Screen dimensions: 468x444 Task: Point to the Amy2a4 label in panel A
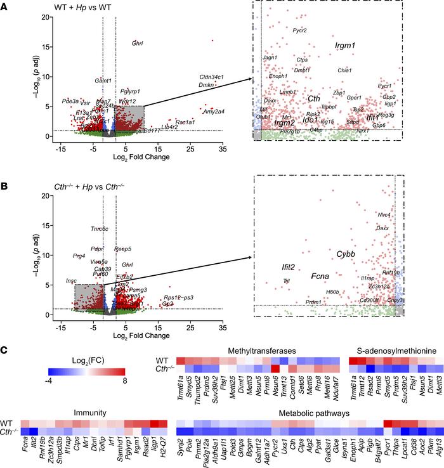(x=214, y=112)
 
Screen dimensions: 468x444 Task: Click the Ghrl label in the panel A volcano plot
(x=137, y=44)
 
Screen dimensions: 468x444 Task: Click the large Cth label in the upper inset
(x=313, y=98)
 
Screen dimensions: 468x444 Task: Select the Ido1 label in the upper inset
(x=310, y=119)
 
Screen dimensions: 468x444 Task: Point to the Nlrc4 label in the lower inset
(x=384, y=215)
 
